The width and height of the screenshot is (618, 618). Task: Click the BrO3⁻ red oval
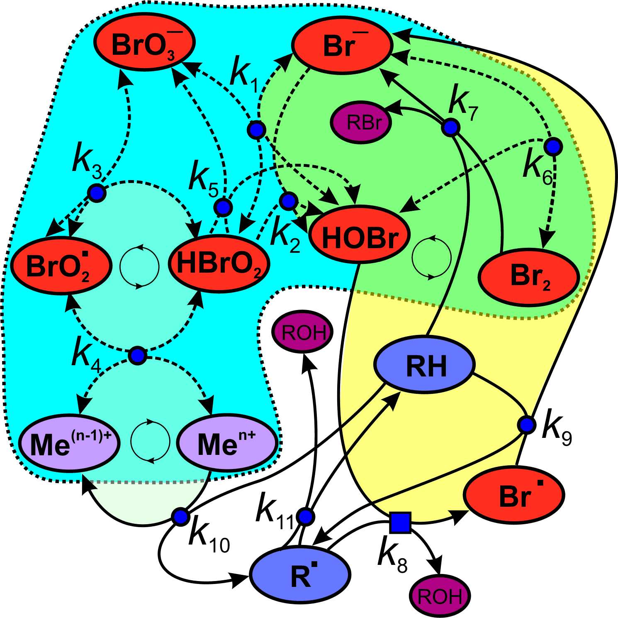click(144, 44)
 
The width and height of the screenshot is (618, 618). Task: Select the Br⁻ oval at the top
click(342, 45)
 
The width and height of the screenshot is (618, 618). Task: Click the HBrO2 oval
click(219, 264)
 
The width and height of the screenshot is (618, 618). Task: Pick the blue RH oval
click(424, 364)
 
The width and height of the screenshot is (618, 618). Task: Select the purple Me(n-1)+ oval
click(70, 443)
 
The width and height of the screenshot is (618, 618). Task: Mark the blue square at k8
click(400, 522)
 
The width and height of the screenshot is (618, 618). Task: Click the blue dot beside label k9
click(526, 425)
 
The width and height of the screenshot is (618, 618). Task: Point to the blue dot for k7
click(450, 127)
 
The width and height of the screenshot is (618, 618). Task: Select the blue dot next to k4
click(137, 356)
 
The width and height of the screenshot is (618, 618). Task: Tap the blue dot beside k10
click(180, 517)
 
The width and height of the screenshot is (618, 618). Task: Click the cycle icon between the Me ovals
click(150, 442)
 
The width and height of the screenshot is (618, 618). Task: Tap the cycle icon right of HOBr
click(431, 257)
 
